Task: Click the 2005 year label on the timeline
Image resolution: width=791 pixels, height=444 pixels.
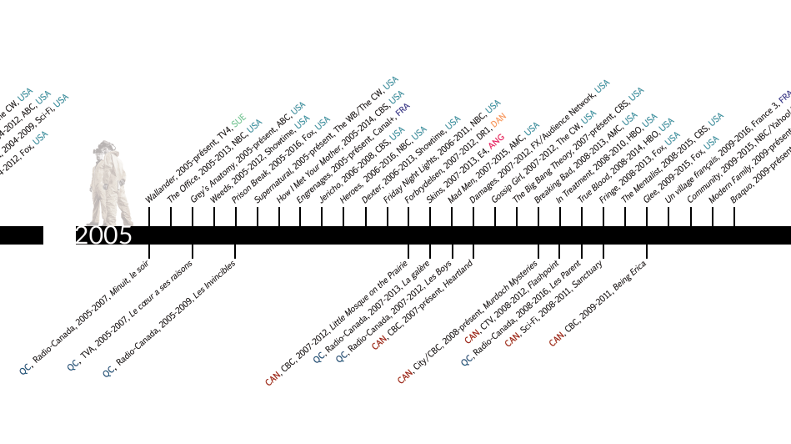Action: (x=103, y=235)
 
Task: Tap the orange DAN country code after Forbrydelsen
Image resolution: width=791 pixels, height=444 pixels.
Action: (x=498, y=121)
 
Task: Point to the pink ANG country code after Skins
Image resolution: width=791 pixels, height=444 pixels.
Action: (x=497, y=140)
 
